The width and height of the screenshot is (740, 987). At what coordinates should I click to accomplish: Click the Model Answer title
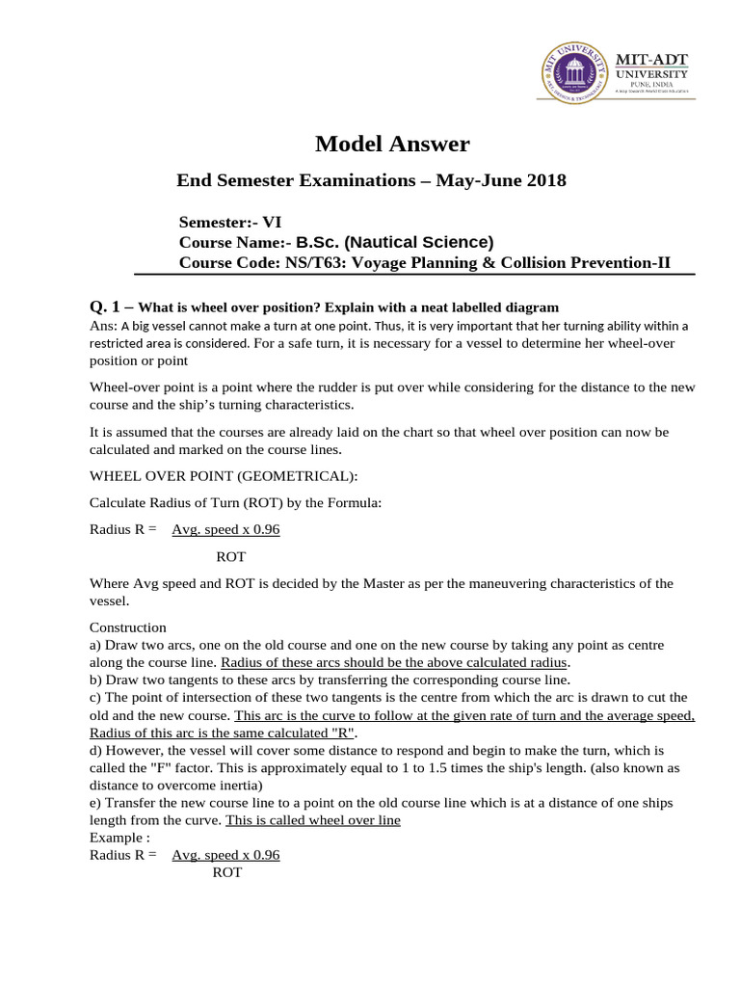[x=393, y=145]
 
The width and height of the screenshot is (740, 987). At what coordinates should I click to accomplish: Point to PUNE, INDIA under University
[x=651, y=85]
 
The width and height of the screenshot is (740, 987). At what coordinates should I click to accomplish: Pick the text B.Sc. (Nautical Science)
[x=394, y=242]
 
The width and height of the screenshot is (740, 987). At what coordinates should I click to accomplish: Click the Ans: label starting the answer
[x=102, y=325]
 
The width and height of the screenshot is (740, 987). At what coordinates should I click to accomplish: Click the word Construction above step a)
[x=127, y=627]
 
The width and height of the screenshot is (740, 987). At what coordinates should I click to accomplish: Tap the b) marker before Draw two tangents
[x=96, y=680]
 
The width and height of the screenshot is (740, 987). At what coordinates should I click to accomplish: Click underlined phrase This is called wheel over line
[x=312, y=820]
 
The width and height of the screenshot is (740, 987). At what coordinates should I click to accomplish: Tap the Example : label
[x=119, y=838]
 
